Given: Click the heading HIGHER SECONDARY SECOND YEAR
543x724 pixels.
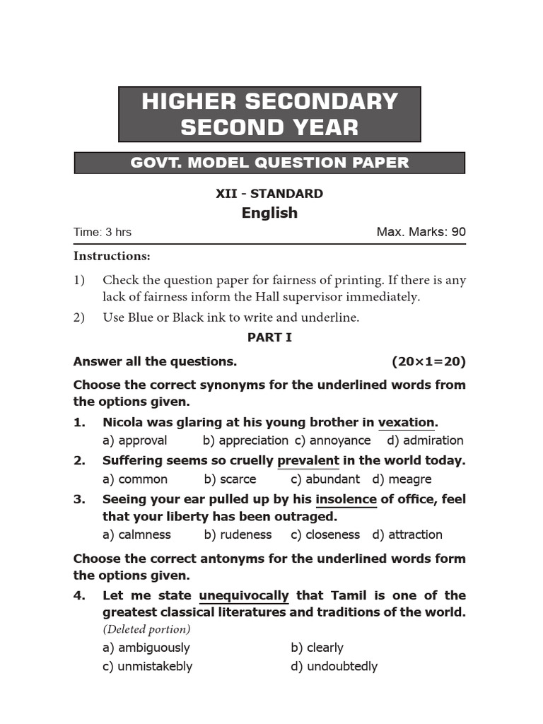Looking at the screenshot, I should (269, 114).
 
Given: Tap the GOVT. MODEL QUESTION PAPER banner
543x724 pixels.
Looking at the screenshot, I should (269, 163).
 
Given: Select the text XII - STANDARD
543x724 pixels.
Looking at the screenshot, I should (269, 193).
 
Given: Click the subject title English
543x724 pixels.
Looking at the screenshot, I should (269, 213).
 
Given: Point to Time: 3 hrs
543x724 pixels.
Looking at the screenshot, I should (103, 232).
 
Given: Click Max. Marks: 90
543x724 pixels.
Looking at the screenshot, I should (421, 232).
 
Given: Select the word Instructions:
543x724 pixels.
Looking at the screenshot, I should (112, 256).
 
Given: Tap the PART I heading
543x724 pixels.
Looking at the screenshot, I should (269, 337).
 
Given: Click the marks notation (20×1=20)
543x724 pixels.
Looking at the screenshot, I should (428, 361).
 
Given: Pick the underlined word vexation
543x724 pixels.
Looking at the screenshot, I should (407, 422).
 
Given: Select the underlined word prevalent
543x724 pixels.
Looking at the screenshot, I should (308, 460).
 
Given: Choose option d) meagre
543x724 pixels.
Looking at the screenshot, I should (402, 479).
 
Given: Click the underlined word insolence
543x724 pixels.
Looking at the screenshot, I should (346, 499).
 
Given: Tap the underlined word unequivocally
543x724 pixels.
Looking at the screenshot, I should (244, 595).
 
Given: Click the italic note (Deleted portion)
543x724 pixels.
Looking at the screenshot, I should (146, 629).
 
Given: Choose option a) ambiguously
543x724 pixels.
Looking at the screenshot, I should (146, 648).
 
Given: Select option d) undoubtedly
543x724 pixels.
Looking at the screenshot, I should (334, 666).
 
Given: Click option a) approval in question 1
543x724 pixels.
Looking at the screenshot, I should (135, 440).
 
